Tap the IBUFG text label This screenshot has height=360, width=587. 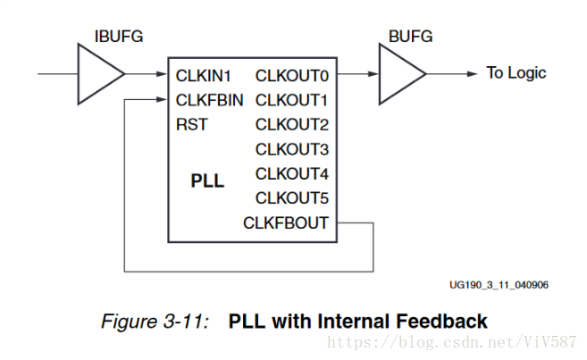pos(118,37)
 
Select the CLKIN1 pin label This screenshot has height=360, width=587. pos(204,75)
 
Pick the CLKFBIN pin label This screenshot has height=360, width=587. pos(209,99)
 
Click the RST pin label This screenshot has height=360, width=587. pos(191,124)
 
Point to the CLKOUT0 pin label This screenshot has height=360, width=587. pos(291,75)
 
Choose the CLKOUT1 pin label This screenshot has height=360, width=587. pos(291,99)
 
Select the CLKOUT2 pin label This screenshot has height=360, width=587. pos(291,124)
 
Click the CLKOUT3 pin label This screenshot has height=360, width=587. pos(291,148)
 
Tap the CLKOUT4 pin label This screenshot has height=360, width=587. pos(291,173)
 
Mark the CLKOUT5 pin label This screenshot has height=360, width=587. pos(291,197)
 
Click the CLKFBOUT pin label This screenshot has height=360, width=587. pos(286,222)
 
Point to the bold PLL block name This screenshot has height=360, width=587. pos(207,181)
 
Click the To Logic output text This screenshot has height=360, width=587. pos(516,73)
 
